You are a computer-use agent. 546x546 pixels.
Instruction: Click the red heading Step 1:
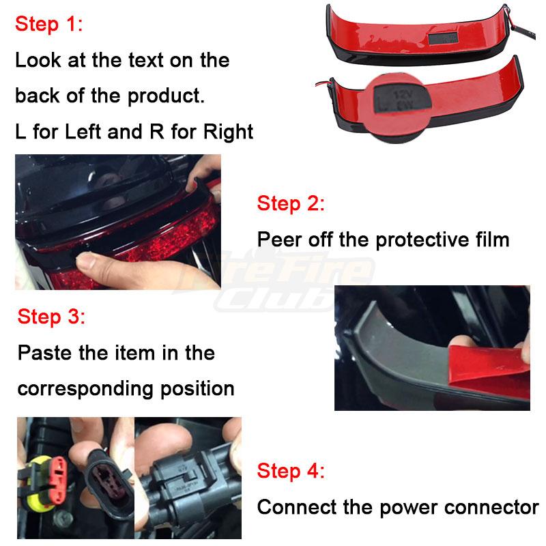(x=48, y=25)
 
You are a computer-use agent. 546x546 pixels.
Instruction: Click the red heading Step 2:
(x=291, y=203)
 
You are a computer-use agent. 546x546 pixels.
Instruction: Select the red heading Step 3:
(x=51, y=317)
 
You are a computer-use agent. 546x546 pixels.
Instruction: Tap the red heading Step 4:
(x=291, y=471)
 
